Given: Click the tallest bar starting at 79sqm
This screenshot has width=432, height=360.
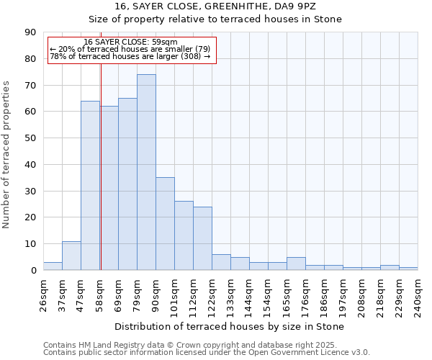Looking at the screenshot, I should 146,173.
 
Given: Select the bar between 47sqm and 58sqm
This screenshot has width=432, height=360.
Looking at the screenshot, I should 90,186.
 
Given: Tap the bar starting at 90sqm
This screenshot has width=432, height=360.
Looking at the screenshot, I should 165,224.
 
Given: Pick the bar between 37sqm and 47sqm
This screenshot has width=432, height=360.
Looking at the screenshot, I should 71,256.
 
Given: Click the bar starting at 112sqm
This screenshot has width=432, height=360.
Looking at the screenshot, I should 202,238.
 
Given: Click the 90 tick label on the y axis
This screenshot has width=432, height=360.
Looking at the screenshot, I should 30,32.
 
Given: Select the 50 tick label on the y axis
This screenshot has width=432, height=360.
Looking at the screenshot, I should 30,138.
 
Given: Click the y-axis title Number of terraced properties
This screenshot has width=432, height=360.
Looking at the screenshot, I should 7,155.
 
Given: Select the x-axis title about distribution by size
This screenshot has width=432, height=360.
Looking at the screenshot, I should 229,327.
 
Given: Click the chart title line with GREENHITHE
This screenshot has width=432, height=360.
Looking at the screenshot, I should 217,6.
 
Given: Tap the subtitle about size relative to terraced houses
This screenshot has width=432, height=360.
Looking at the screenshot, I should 217,19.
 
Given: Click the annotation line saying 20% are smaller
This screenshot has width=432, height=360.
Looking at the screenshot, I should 130,49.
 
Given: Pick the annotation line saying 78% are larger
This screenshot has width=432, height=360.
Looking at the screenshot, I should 130,56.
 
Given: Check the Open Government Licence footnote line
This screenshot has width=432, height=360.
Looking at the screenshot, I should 207,353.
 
